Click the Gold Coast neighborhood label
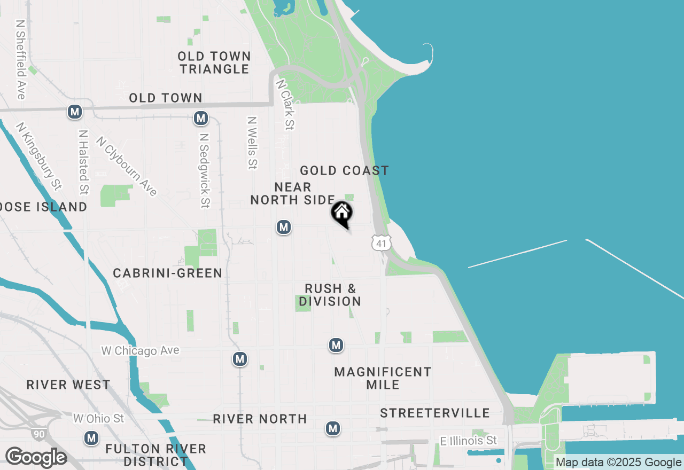click(x=344, y=171)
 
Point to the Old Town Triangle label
click(x=214, y=63)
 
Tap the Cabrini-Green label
click(x=167, y=273)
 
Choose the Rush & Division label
click(x=330, y=295)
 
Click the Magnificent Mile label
click(x=383, y=378)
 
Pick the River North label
click(x=260, y=419)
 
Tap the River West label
click(x=68, y=385)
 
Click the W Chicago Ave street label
click(x=141, y=351)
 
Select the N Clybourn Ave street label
click(x=127, y=166)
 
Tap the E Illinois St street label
click(x=468, y=441)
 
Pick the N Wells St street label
click(x=252, y=143)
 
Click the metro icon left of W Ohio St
click(x=91, y=438)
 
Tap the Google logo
click(x=36, y=458)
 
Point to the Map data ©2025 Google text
click(x=618, y=463)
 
